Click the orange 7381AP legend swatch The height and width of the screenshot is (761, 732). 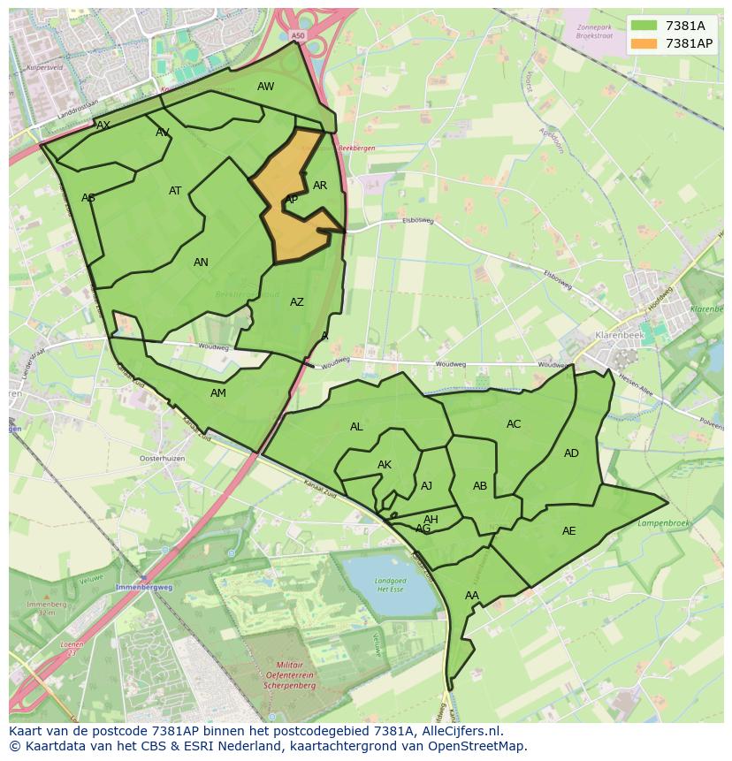click(644, 43)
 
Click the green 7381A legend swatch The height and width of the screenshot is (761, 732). click(644, 26)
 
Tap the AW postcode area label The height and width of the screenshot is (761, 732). click(265, 87)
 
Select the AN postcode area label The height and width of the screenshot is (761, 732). click(201, 263)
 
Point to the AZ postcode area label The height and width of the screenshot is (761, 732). click(297, 302)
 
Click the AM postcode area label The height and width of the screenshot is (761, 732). click(218, 393)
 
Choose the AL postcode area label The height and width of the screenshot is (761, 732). click(356, 427)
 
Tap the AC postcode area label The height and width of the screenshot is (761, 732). click(514, 424)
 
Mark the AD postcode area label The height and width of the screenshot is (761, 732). click(571, 453)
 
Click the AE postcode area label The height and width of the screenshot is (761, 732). click(568, 531)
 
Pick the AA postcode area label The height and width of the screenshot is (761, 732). click(472, 596)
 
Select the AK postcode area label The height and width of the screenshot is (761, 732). click(385, 465)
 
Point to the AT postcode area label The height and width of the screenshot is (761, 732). click(175, 191)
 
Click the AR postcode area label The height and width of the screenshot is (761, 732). click(320, 186)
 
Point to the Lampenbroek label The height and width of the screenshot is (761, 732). click(662, 523)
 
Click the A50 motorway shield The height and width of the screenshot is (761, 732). click(296, 36)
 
